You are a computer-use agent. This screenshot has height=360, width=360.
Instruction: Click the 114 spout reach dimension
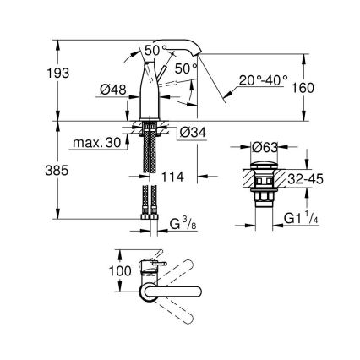coord(169,178)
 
